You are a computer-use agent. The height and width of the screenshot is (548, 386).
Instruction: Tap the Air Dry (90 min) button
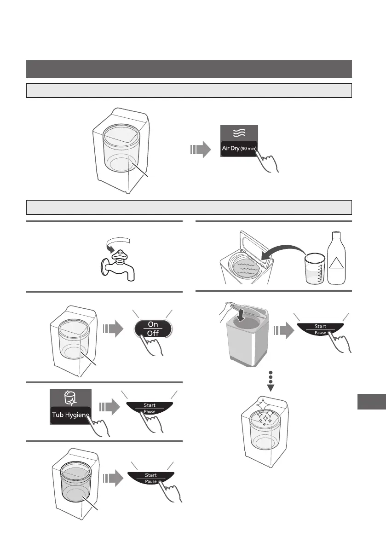(x=239, y=148)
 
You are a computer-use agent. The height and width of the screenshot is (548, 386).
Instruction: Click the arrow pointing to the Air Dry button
(x=200, y=149)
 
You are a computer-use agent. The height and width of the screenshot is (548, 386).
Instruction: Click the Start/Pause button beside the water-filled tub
(x=150, y=478)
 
